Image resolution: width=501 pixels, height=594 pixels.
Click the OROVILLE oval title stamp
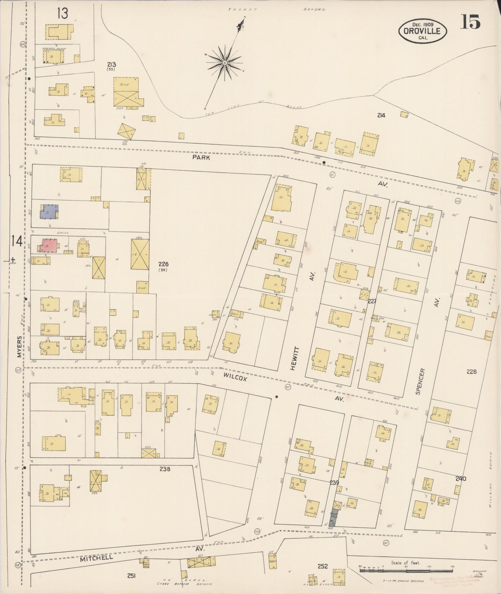tap(422, 31)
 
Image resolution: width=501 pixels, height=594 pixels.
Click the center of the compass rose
tap(224, 63)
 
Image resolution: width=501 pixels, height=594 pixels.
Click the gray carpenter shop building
tap(335, 517)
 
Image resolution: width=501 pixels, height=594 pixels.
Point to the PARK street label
tap(201, 157)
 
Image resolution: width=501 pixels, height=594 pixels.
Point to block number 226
tap(163, 264)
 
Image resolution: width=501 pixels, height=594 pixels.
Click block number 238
tap(165, 469)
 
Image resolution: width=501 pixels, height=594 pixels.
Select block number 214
tap(381, 115)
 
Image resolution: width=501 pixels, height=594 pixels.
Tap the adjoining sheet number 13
tap(62, 13)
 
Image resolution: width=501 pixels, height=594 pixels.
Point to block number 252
tap(323, 566)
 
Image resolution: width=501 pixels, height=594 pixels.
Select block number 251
tap(131, 576)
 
